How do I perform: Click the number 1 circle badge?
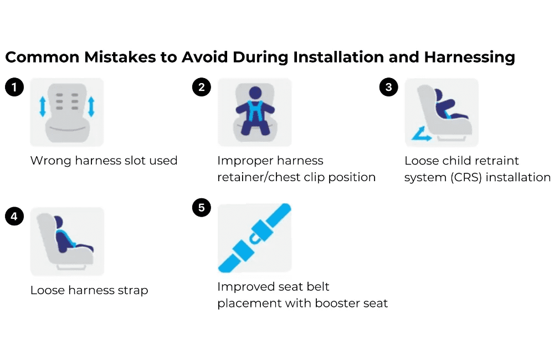[14, 88]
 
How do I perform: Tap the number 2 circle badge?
[201, 88]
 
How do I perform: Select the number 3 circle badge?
[388, 88]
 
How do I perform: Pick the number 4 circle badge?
[14, 217]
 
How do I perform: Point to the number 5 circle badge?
[201, 208]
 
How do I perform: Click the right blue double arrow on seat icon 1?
[91, 106]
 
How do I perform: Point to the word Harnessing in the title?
[469, 58]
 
